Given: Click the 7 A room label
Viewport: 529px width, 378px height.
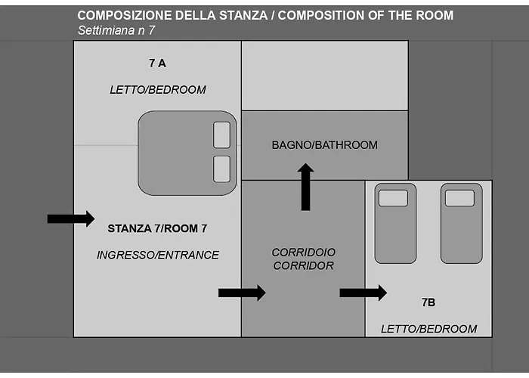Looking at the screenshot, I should [x=157, y=63].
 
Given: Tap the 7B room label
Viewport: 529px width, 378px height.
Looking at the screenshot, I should [x=428, y=302].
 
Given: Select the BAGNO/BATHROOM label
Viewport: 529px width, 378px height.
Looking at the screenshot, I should [x=324, y=145].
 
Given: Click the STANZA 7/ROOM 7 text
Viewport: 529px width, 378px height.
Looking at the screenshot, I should [x=157, y=228].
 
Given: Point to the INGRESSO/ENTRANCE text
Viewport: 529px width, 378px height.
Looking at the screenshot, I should [x=157, y=256].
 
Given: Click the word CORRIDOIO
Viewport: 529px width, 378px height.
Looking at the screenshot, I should [x=304, y=252].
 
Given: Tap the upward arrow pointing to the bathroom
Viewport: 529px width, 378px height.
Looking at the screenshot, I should [x=305, y=187].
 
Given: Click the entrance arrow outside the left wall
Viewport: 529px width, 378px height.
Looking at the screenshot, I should [x=70, y=218].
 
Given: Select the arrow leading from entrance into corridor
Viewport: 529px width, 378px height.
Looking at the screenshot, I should [x=242, y=293].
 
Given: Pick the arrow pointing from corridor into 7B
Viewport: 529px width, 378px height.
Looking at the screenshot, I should [x=363, y=293].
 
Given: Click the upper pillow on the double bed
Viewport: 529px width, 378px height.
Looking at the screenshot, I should [x=221, y=135].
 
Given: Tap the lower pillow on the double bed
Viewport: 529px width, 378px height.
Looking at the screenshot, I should [x=221, y=169].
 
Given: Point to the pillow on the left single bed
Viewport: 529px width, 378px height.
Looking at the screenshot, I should [x=393, y=198].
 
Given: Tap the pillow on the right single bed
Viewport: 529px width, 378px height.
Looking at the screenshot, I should [x=459, y=198].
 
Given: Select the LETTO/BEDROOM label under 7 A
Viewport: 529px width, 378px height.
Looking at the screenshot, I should [x=157, y=90].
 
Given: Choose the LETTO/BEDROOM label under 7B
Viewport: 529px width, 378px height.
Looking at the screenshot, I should [x=428, y=329].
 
